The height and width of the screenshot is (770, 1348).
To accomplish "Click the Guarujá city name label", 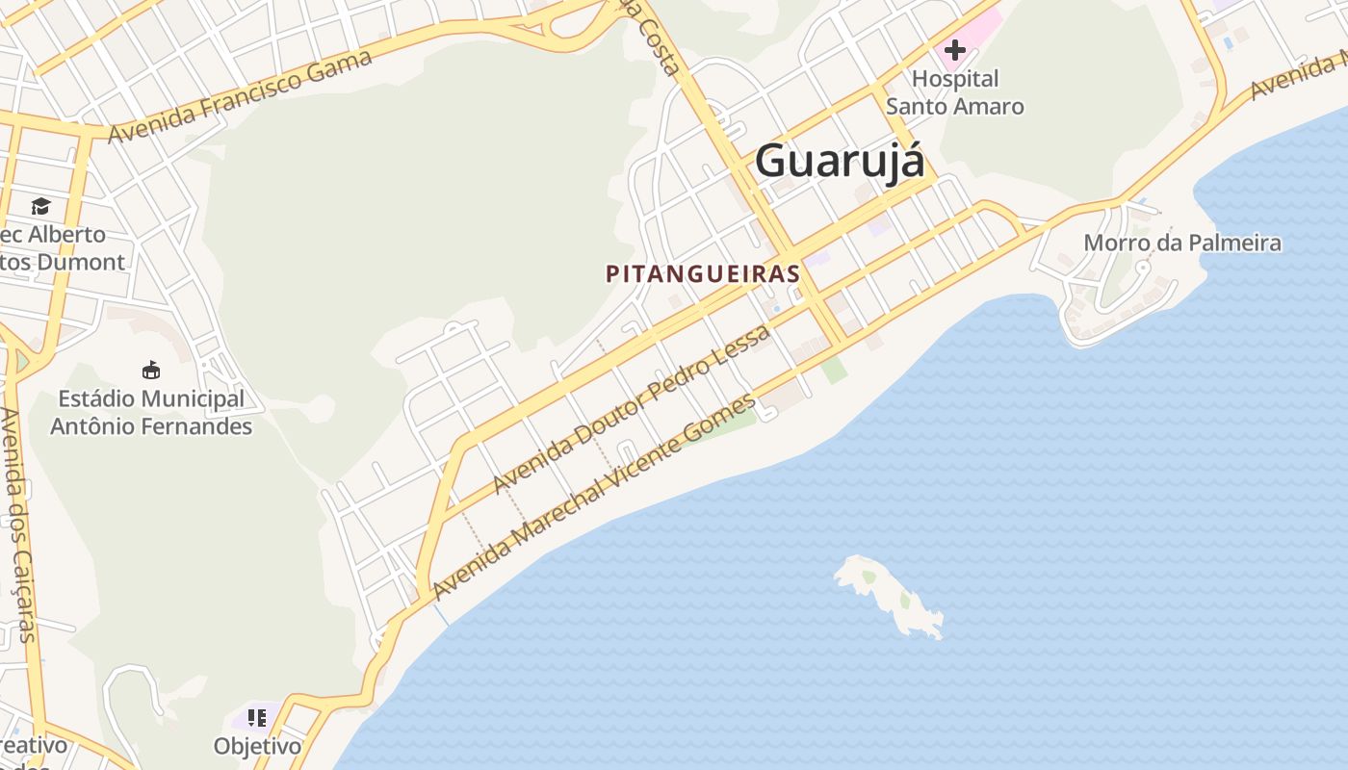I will pyautogui.click(x=840, y=161).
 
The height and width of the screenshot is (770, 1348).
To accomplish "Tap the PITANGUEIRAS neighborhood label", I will pyautogui.click(x=703, y=273).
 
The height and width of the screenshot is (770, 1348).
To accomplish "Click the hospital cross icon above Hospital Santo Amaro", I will pyautogui.click(x=955, y=49).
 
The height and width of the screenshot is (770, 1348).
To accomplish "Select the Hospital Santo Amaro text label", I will pyautogui.click(x=955, y=92).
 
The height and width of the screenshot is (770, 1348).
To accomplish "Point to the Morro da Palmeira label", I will pyautogui.click(x=1182, y=243).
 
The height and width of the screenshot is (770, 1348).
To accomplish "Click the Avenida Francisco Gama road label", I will pyautogui.click(x=240, y=96).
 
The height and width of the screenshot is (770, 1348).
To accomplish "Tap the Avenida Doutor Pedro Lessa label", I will pyautogui.click(x=632, y=409).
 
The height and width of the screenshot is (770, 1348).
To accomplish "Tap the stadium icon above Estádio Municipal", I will pyautogui.click(x=150, y=370).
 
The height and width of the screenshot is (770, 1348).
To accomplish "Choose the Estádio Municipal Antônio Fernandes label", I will pyautogui.click(x=151, y=412).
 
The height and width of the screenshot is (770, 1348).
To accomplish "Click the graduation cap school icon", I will pyautogui.click(x=40, y=206).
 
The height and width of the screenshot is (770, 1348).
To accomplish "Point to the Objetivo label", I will pyautogui.click(x=257, y=746).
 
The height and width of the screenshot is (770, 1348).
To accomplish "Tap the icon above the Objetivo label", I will pyautogui.click(x=257, y=717).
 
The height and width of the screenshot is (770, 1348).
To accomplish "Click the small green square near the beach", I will pyautogui.click(x=835, y=370).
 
